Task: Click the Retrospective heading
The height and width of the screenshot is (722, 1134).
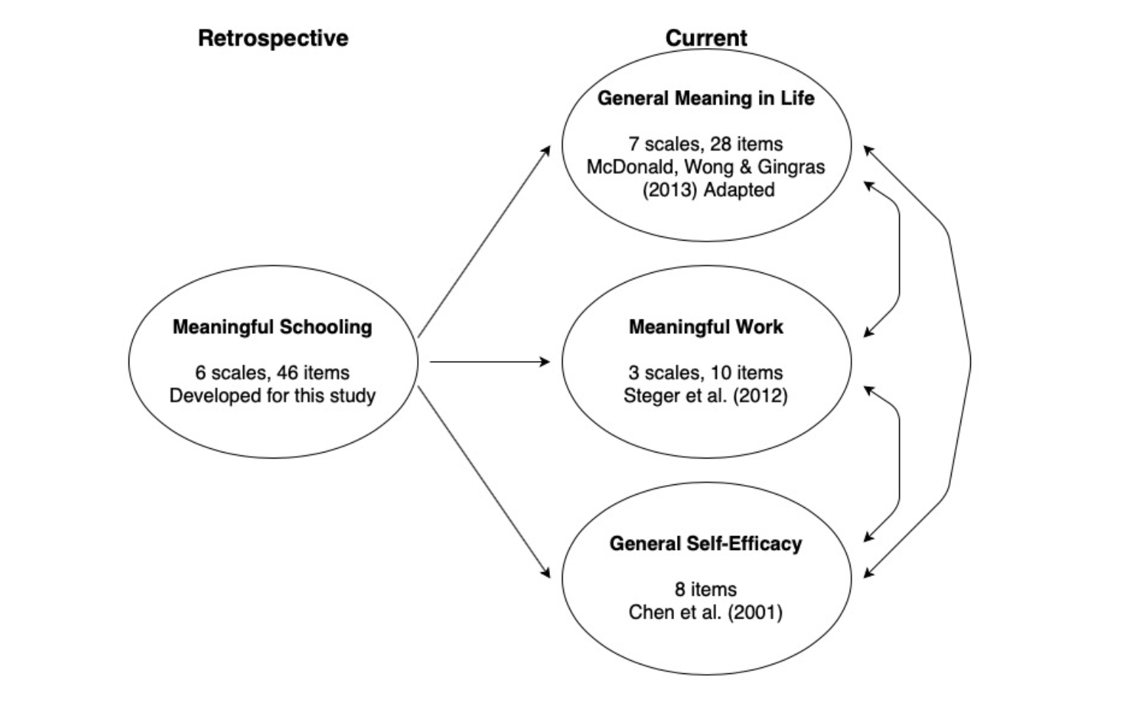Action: [x=272, y=38]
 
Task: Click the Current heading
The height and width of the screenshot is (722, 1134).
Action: [x=706, y=38]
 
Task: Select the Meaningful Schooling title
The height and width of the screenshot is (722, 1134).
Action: [x=272, y=327]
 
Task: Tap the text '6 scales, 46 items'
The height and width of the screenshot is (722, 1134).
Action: [x=272, y=373]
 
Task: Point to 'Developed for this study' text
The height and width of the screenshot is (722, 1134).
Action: [x=272, y=396]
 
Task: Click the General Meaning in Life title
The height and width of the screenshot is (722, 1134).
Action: [x=706, y=98]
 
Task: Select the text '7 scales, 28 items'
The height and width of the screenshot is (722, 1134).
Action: [x=706, y=144]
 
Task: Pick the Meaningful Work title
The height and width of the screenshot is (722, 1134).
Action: [x=706, y=327]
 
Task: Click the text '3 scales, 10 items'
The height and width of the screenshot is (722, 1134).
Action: [x=706, y=373]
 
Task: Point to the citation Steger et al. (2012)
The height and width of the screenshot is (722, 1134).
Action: [x=706, y=396]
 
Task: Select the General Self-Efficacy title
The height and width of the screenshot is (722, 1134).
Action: [x=706, y=544]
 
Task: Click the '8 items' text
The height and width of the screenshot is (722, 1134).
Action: [x=706, y=589]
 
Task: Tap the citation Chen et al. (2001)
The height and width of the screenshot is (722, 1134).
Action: [x=706, y=613]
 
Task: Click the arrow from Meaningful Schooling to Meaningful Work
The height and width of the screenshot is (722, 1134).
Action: [x=489, y=362]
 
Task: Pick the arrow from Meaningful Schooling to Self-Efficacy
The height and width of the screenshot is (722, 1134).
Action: [x=484, y=481]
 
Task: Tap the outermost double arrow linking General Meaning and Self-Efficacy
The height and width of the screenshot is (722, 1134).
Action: [x=969, y=362]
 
